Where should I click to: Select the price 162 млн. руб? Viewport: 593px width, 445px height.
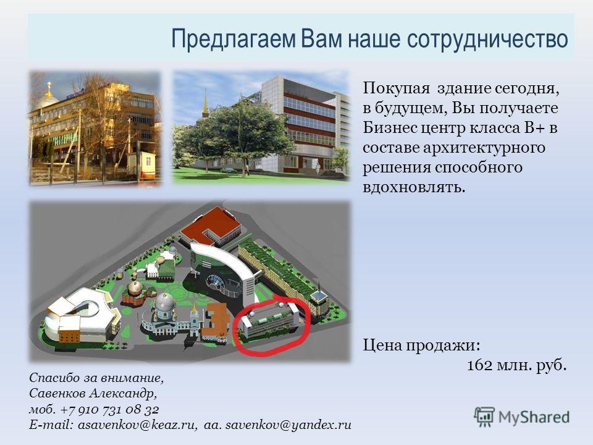point(516,365)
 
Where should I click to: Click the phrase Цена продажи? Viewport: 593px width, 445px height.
point(422,345)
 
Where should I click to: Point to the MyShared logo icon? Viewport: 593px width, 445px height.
point(484,417)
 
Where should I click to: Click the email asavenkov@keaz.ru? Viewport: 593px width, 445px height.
point(138,425)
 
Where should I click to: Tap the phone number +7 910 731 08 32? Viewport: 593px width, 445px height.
point(110,409)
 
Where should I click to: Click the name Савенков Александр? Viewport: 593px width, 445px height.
point(93,394)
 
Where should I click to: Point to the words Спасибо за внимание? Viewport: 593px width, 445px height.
point(96,378)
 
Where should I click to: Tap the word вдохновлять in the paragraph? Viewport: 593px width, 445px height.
point(414,187)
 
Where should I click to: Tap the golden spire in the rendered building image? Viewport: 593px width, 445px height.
point(205,103)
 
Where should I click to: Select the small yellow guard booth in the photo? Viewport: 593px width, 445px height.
point(146,166)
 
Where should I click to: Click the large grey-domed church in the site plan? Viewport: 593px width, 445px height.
point(166,311)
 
